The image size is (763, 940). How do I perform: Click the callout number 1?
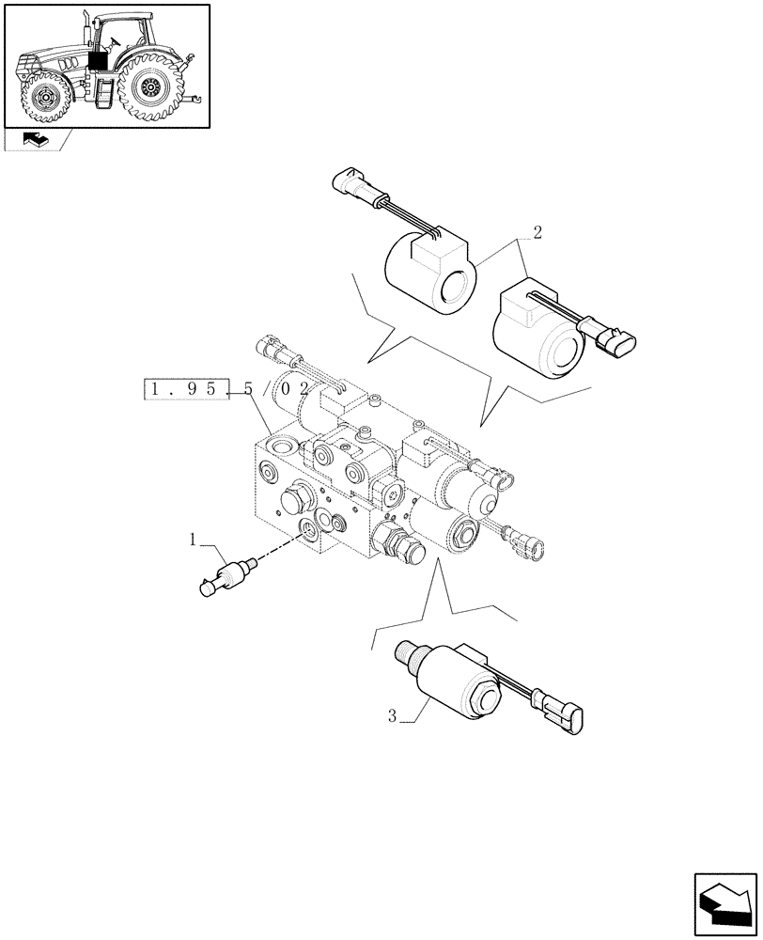193,540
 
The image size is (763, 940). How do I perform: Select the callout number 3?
392,717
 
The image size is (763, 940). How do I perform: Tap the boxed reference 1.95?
186,388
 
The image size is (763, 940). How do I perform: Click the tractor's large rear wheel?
149,87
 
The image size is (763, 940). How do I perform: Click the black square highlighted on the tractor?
97,62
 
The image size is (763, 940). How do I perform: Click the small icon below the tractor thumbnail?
36,140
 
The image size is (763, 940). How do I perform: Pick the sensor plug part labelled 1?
227,575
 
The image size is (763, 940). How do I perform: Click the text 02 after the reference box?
293,388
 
